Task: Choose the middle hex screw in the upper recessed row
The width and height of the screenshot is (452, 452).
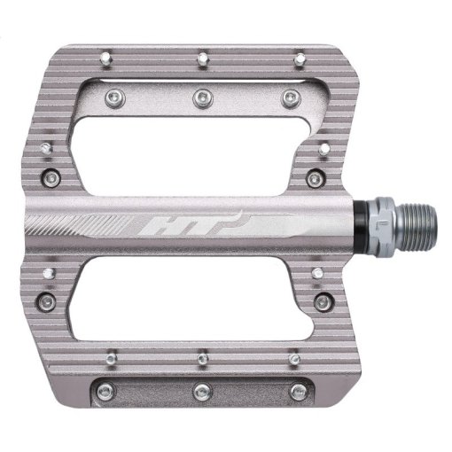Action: [202, 95]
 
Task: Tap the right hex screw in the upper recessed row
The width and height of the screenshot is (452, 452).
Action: [284, 95]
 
